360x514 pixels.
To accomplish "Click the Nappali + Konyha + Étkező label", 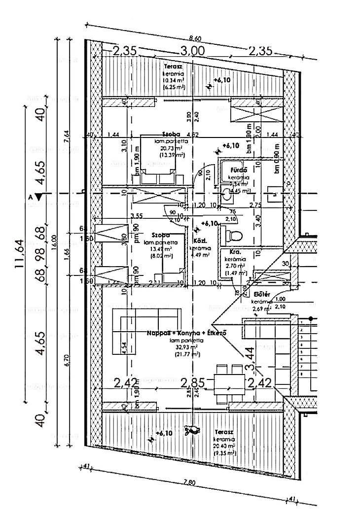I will [x=186, y=334].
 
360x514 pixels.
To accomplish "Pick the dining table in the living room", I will [x=229, y=381].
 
